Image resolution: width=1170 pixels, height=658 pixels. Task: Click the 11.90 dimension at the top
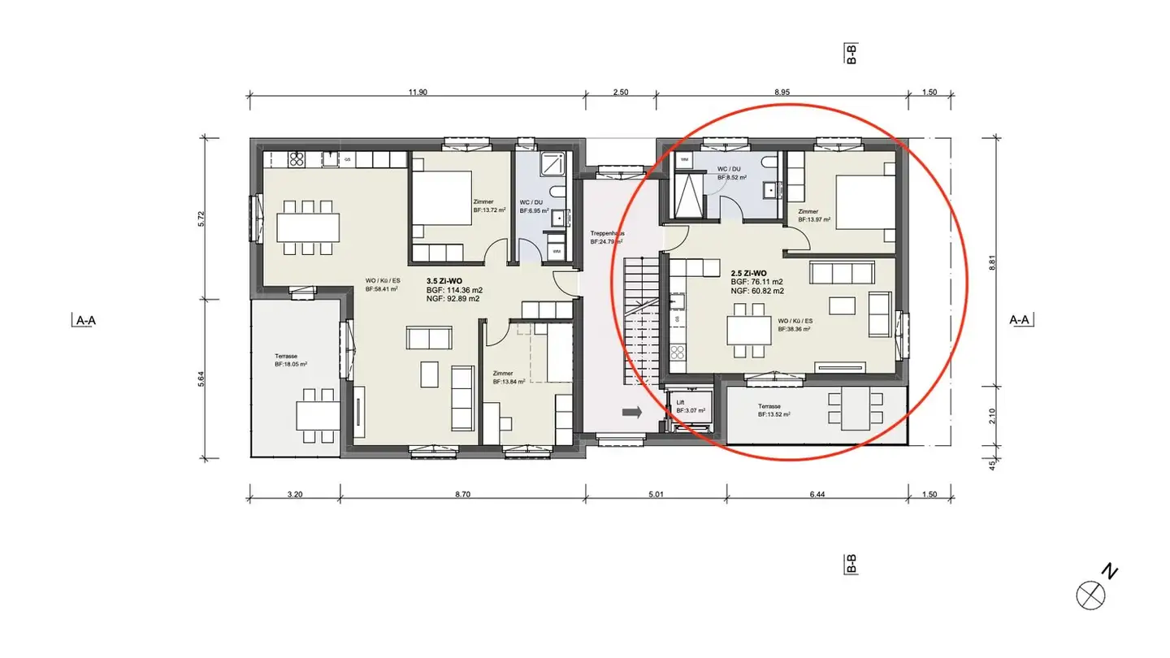[x=417, y=93]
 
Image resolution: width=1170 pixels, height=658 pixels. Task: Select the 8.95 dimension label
[x=782, y=93]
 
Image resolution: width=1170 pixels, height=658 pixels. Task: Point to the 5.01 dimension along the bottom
[x=656, y=493]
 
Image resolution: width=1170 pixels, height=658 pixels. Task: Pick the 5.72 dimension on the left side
[x=201, y=219]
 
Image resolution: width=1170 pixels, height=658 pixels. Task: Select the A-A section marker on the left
[x=85, y=320]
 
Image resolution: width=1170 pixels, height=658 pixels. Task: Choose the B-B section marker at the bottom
[x=851, y=563]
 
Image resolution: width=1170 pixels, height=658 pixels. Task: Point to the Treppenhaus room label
[x=607, y=234]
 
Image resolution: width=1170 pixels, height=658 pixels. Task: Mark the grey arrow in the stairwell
[x=631, y=413]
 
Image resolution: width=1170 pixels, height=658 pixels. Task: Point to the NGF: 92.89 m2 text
[x=453, y=299]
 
